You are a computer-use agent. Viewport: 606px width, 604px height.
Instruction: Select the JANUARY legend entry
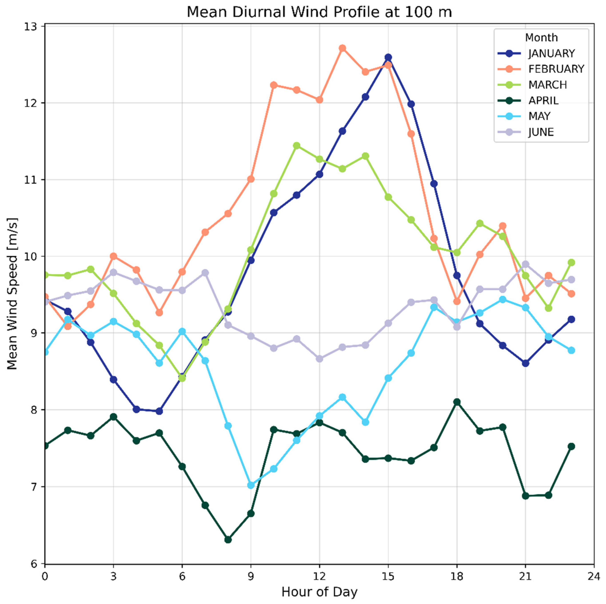point(551,53)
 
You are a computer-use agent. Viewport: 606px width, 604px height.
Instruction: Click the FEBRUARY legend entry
point(556,69)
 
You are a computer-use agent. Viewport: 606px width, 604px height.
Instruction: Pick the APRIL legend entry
point(543,101)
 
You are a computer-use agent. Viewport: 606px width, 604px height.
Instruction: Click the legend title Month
point(541,38)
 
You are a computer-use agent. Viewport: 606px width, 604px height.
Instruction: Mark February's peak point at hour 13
point(342,48)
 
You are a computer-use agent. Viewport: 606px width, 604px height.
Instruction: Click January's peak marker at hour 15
point(388,57)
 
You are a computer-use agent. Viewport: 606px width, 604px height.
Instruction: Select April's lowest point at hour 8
point(228,540)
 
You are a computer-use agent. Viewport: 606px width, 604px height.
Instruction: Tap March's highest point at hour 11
point(296,145)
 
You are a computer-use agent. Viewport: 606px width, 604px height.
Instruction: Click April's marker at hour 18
point(457,402)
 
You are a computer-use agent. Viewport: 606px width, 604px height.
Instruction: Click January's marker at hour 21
point(525,363)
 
